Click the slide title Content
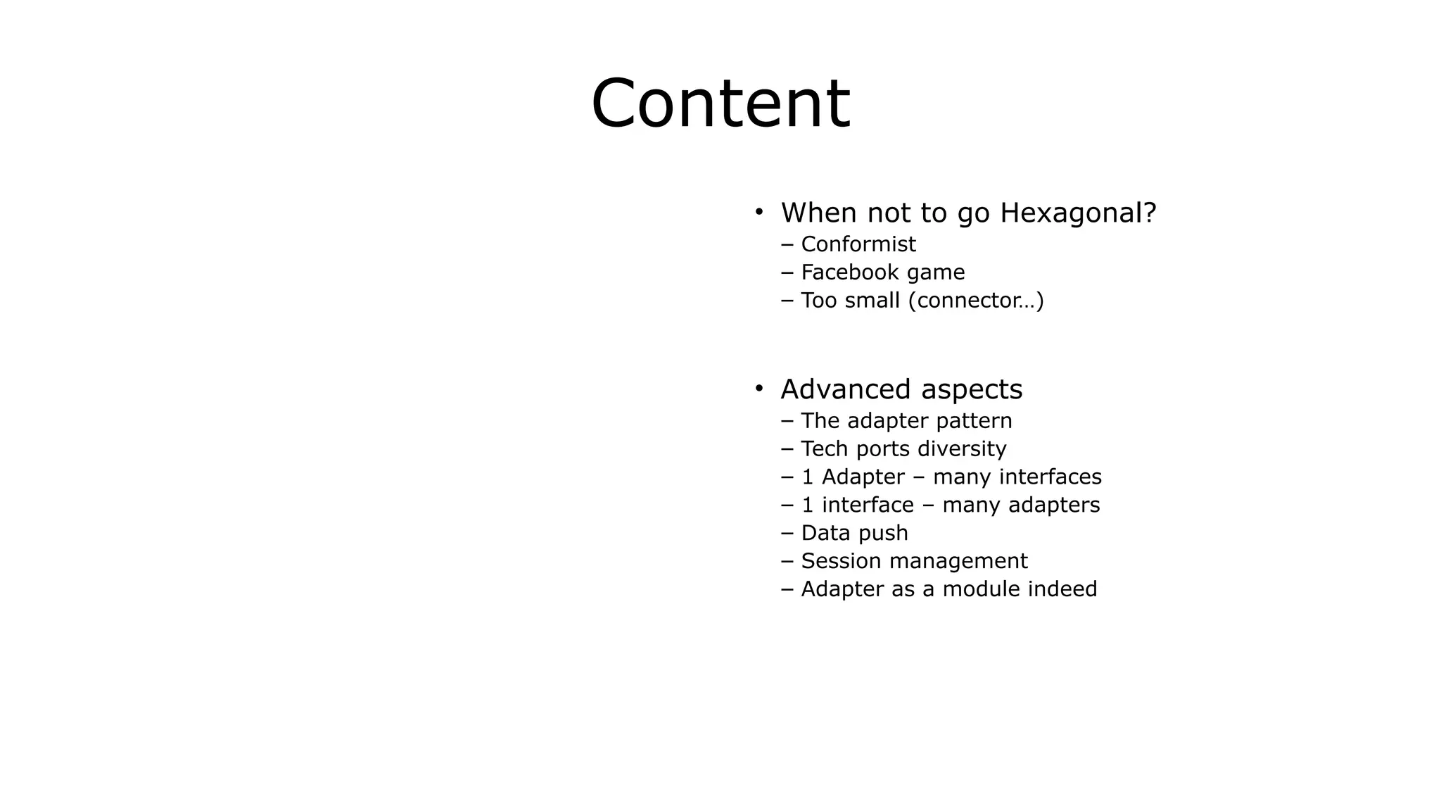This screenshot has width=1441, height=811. (x=720, y=104)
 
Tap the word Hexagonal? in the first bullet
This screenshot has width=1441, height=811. (x=1078, y=213)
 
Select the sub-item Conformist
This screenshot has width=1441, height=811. (x=858, y=244)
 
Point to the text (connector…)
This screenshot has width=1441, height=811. (x=976, y=301)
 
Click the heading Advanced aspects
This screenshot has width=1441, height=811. (x=901, y=389)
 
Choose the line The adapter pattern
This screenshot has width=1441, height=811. (x=906, y=421)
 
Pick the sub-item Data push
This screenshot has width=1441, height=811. (x=854, y=534)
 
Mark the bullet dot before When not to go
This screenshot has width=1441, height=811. (x=758, y=211)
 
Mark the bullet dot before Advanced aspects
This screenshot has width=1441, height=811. (x=758, y=388)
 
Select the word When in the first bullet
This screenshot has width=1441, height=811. (x=819, y=213)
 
